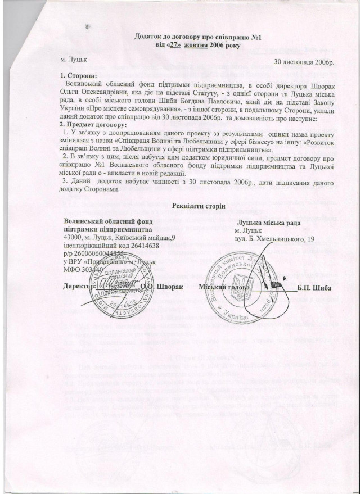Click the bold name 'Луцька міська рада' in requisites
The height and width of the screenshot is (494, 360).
268,223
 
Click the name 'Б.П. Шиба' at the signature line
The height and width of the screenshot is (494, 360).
314,288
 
